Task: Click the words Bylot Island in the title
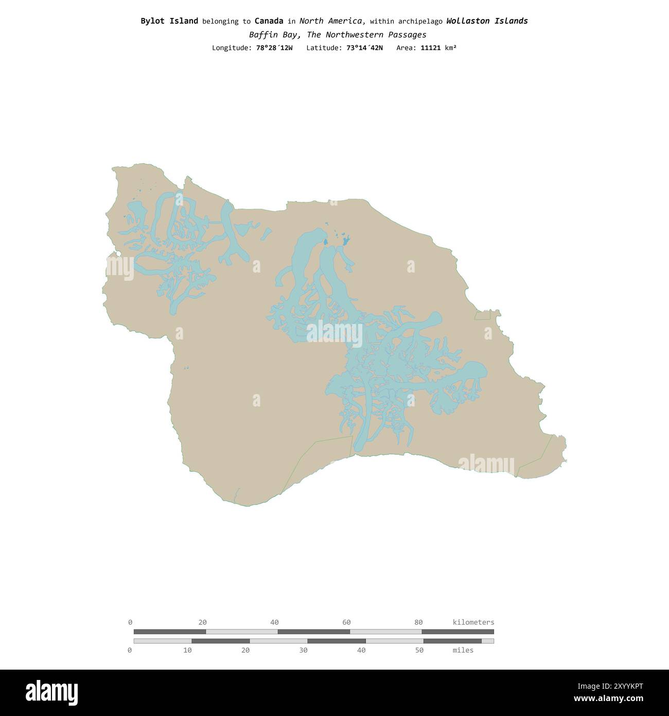pos(169,21)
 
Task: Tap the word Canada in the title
pos(269,21)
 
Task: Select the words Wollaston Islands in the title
pos(487,21)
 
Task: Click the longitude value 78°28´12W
pos(274,48)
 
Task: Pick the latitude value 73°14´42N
pos(364,48)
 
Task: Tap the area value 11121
pos(430,48)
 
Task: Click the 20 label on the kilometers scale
pos(202,622)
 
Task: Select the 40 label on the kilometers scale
pos(274,622)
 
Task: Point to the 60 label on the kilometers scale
pos(346,622)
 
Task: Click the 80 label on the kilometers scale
pos(418,622)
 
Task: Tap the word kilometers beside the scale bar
pos(473,622)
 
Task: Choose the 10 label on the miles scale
pos(187,651)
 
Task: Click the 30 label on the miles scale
pos(303,651)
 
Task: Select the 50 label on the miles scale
pos(419,651)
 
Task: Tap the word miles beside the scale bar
pos(463,651)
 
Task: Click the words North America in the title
pos(332,21)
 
